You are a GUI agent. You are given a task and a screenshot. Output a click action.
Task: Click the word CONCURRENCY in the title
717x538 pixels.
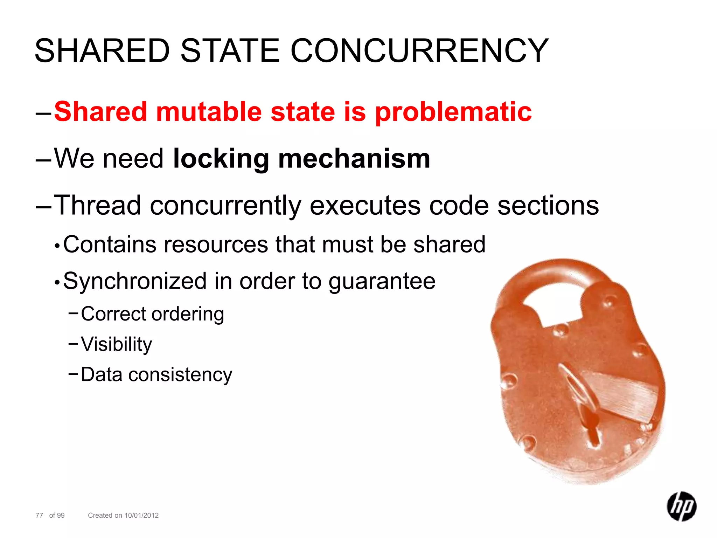419,51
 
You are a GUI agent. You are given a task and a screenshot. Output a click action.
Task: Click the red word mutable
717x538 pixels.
209,112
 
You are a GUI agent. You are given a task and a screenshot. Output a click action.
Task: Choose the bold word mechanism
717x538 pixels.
354,159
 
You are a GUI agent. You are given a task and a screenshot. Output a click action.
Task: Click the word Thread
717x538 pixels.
97,205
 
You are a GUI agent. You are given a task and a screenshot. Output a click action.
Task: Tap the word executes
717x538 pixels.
365,206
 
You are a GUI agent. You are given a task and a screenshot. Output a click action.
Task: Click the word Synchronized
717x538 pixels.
135,281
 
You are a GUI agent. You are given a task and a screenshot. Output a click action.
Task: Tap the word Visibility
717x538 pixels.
117,344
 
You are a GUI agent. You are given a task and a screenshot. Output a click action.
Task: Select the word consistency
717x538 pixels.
180,375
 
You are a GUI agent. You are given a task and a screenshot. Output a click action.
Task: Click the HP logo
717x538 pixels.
681,506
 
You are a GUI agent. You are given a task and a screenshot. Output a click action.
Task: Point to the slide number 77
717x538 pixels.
39,515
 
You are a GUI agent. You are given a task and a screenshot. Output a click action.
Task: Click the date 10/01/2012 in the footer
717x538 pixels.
141,515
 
